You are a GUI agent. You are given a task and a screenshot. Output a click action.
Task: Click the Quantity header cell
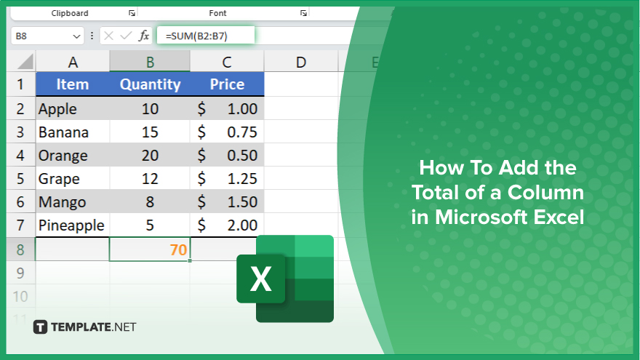coord(150,84)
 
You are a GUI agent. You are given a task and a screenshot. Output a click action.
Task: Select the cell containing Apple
coord(73,108)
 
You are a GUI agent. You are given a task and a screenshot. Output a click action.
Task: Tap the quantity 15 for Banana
coord(150,132)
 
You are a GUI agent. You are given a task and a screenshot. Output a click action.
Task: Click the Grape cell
coord(73,178)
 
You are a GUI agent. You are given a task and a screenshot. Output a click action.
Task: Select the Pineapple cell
coord(73,225)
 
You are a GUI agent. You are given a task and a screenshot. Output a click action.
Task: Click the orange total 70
coord(178,249)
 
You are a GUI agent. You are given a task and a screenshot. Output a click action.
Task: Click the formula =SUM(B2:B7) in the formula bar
coord(196,36)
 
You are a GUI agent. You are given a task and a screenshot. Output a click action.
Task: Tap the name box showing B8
coord(47,36)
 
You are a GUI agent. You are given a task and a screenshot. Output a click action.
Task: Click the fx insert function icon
coord(144,36)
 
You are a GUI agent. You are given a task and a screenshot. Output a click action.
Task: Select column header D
coord(301,62)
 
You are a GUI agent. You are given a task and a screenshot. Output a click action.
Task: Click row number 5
coord(20,178)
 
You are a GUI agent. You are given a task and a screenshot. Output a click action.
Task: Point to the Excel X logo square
coord(261,279)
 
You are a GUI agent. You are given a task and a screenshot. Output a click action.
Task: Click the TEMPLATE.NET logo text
coord(94,327)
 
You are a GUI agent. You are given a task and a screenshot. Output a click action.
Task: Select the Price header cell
coord(227,84)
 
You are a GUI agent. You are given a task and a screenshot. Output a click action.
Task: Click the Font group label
coord(217,13)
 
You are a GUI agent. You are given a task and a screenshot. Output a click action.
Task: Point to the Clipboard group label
coord(70,13)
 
